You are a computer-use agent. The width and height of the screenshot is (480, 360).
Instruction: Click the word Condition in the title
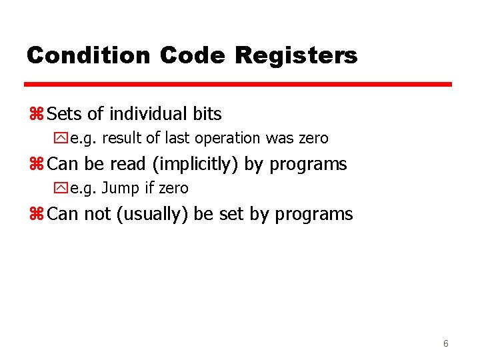click(89, 55)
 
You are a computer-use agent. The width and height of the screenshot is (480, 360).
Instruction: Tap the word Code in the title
click(193, 55)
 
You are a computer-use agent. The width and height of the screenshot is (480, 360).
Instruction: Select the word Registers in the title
click(296, 55)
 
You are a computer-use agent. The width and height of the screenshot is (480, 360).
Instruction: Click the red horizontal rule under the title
click(238, 85)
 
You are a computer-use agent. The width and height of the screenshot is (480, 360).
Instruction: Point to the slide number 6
click(445, 343)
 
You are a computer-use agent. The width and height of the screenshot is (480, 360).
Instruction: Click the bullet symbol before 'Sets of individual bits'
click(37, 115)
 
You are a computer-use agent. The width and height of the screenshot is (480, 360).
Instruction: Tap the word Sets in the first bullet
click(65, 114)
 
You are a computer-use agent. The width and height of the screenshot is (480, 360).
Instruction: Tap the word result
click(123, 139)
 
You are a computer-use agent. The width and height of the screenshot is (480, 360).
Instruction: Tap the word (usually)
click(152, 214)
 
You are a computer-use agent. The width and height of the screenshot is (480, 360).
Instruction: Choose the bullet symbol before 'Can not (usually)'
click(37, 215)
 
